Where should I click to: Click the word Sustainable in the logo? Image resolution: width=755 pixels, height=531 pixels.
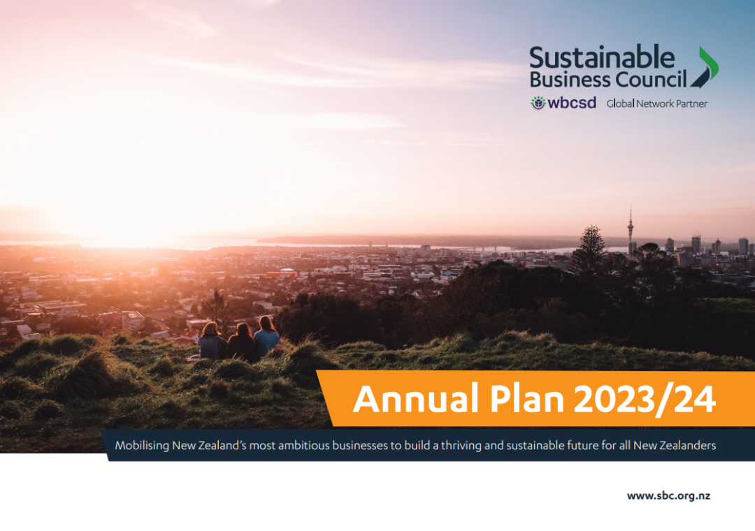click(602, 58)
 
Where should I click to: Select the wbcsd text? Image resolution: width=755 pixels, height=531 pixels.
click(572, 103)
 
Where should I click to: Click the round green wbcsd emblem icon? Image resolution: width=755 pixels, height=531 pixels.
click(538, 103)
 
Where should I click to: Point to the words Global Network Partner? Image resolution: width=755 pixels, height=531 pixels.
click(656, 103)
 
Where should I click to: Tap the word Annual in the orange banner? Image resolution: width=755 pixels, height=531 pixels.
click(416, 399)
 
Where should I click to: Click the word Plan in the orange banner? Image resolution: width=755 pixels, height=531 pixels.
click(527, 399)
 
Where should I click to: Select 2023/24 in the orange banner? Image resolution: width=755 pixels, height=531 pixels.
click(645, 400)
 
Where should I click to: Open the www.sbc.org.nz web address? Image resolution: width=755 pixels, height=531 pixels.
click(668, 496)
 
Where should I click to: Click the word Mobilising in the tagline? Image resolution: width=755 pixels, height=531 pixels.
click(142, 445)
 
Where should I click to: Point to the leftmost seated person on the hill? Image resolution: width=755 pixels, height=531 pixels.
click(211, 342)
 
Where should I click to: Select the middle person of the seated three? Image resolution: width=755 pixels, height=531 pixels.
click(241, 342)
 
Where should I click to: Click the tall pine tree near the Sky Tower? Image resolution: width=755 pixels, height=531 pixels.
click(589, 249)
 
